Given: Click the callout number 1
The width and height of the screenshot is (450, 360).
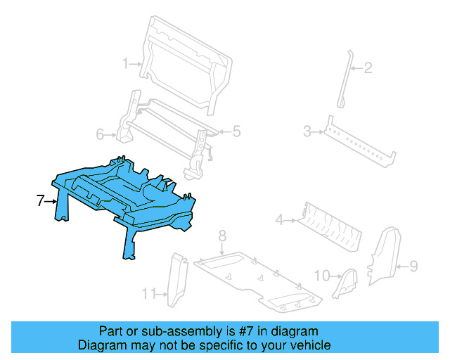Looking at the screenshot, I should (126, 64).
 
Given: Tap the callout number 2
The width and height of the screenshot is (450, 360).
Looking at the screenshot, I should (368, 68).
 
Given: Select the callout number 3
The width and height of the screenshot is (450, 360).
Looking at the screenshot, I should (307, 131).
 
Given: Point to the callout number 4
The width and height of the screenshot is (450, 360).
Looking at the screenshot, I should (279, 220).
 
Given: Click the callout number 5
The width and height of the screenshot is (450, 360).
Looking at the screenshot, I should (236, 131).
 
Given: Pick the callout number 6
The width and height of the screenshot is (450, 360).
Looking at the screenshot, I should (100, 134).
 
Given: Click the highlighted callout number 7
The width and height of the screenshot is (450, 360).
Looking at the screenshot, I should (40, 201).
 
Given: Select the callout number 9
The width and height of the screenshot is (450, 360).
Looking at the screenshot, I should (413, 266).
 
